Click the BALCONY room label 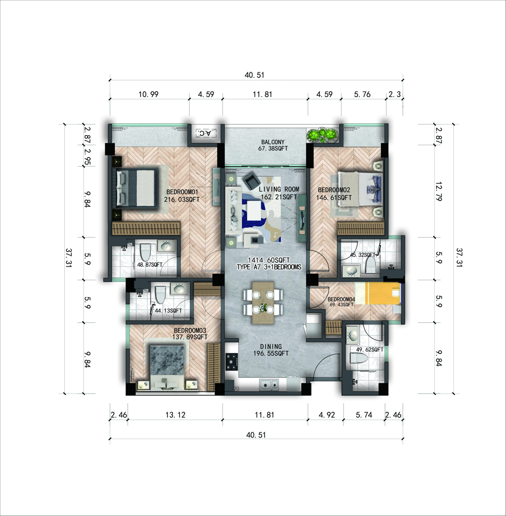(273, 142)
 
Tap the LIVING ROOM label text (279, 189)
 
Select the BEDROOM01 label (182, 192)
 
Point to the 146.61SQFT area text (334, 198)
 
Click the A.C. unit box (206, 133)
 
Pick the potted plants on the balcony (323, 135)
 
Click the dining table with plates (263, 303)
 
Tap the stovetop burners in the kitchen (232, 361)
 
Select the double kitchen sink (269, 384)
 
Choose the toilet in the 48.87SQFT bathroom (145, 252)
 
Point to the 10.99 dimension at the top (148, 95)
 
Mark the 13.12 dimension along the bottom (175, 415)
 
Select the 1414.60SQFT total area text (269, 260)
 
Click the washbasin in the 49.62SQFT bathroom (353, 335)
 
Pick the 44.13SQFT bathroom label (168, 310)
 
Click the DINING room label (271, 347)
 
